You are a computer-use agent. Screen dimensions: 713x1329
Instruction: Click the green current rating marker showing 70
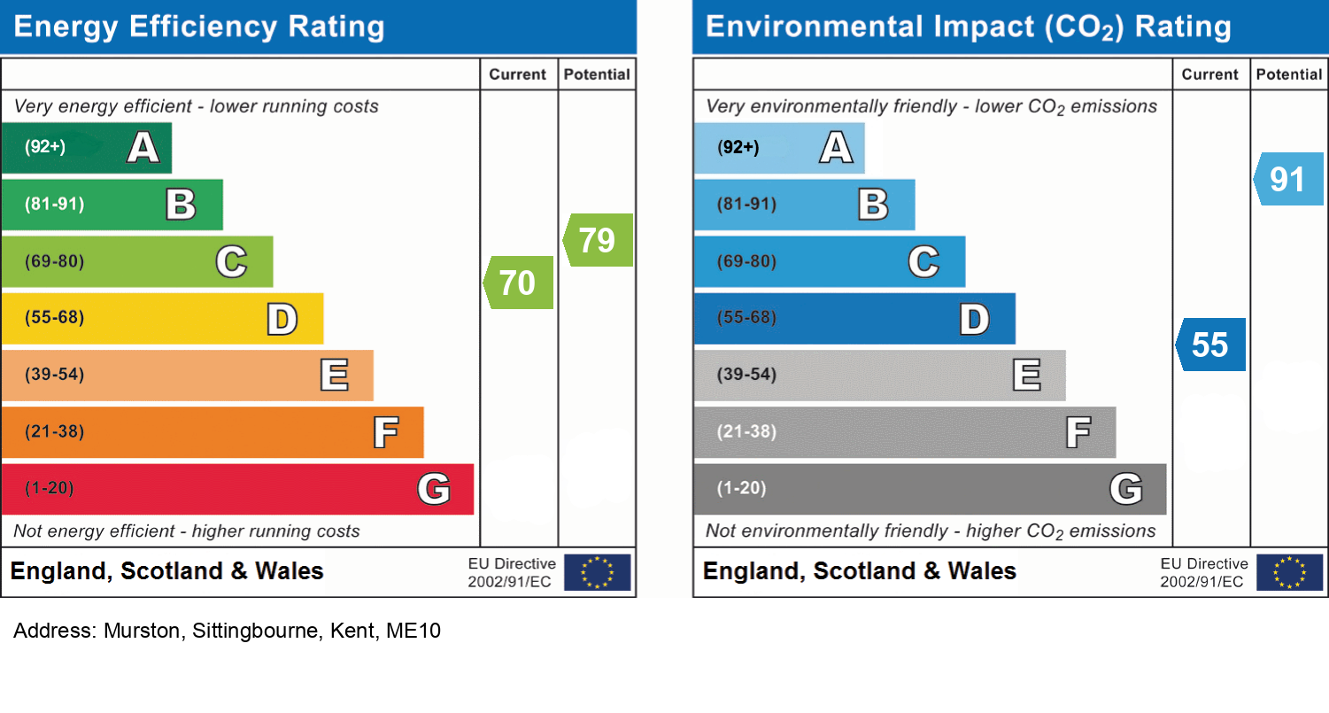519,283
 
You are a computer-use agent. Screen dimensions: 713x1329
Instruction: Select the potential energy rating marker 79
598,240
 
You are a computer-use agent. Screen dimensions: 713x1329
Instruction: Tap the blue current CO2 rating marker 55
1210,345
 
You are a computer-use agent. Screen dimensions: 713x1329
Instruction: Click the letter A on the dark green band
143,147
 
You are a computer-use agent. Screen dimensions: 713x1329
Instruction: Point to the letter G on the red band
433,488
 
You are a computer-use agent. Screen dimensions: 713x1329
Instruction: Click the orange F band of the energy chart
212,432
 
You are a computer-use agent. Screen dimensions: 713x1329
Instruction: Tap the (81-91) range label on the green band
55,205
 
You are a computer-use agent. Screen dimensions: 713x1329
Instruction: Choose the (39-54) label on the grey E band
747,375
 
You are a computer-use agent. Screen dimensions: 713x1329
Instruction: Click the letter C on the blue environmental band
923,262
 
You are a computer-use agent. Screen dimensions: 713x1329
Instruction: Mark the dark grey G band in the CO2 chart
930,489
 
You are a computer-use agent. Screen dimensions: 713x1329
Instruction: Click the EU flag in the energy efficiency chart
597,572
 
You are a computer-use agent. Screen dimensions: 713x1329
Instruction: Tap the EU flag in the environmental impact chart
1289,572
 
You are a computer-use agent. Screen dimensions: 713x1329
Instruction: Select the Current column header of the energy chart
518,75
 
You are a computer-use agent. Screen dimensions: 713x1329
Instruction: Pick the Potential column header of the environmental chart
1289,75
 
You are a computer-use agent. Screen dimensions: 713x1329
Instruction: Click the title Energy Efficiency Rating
199,27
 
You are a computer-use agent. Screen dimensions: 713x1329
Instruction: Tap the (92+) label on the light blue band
738,147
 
